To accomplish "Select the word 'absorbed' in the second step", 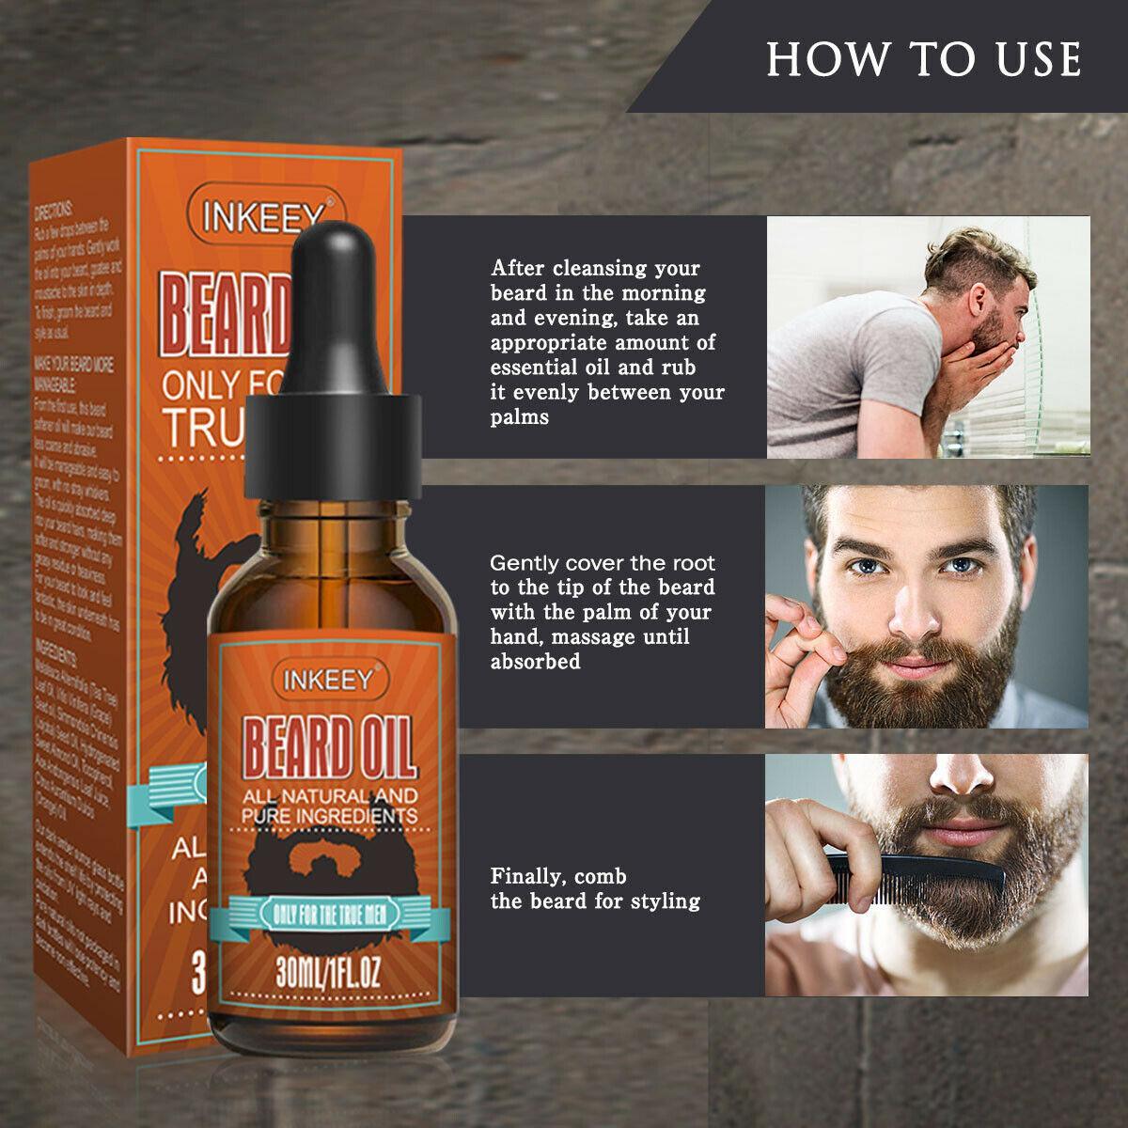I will click(535, 662).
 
